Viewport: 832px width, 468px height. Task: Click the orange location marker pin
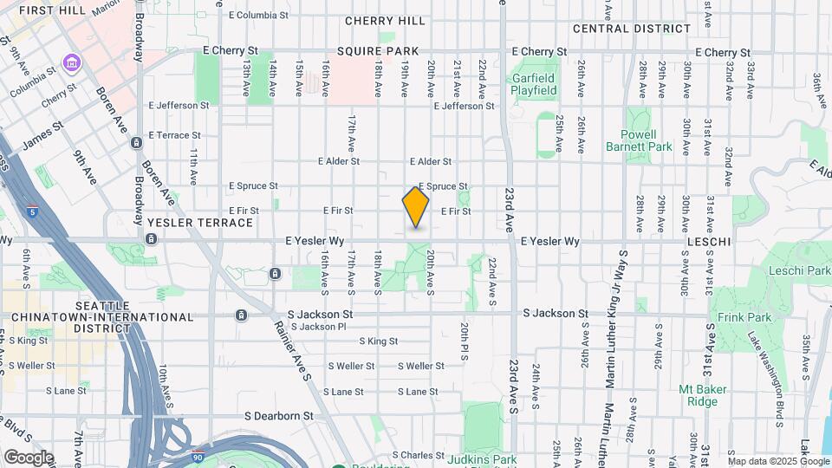click(416, 208)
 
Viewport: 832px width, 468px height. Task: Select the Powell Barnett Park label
click(647, 140)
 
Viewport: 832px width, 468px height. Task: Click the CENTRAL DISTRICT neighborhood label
click(632, 29)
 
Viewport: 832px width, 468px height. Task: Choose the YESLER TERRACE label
click(200, 223)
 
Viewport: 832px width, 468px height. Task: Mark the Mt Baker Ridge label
click(698, 395)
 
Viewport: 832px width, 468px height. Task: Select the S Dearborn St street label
click(279, 416)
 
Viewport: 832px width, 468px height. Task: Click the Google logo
click(28, 457)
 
